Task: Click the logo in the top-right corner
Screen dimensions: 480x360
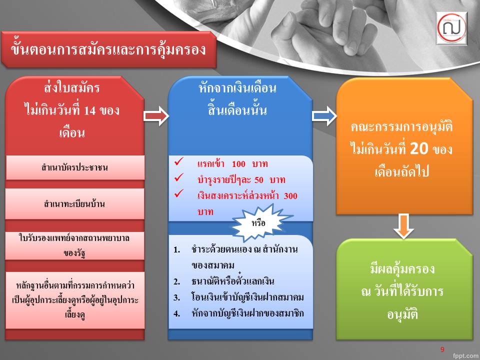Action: click(x=451, y=28)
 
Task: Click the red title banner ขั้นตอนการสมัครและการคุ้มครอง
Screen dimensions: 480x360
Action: click(x=108, y=49)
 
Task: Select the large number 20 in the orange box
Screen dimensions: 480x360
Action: click(x=419, y=148)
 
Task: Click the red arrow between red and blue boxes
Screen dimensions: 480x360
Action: click(x=156, y=116)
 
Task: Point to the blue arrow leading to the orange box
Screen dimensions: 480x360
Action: click(x=324, y=116)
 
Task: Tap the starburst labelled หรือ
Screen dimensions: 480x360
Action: click(x=259, y=222)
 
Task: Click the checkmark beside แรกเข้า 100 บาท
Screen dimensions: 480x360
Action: click(x=179, y=161)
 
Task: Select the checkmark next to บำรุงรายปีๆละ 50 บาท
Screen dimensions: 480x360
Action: click(x=179, y=177)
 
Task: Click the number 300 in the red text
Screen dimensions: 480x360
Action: click(x=290, y=196)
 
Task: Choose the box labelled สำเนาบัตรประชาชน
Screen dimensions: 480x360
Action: click(x=75, y=167)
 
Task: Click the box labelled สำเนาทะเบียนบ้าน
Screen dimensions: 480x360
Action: click(x=75, y=203)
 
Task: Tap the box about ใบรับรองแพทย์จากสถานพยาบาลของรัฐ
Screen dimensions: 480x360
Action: click(x=75, y=245)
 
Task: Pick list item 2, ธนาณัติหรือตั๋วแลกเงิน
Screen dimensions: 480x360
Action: click(x=224, y=281)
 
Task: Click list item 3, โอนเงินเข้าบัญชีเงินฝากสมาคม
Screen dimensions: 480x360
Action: click(x=238, y=297)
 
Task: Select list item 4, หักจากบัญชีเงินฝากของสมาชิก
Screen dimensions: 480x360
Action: click(x=238, y=313)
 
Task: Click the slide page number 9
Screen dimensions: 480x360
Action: click(x=442, y=349)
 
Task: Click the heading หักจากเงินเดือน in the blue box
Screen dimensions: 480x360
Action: click(x=237, y=88)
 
